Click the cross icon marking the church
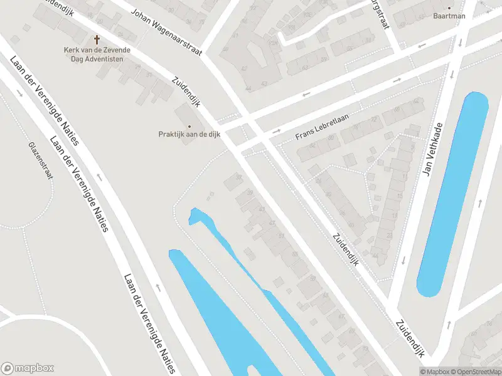click(97, 39)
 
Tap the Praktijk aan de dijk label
click(189, 133)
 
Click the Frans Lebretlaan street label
click(322, 128)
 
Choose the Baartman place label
click(449, 16)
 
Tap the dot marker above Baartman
click(449, 8)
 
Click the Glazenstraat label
click(40, 160)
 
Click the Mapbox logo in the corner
click(28, 368)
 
